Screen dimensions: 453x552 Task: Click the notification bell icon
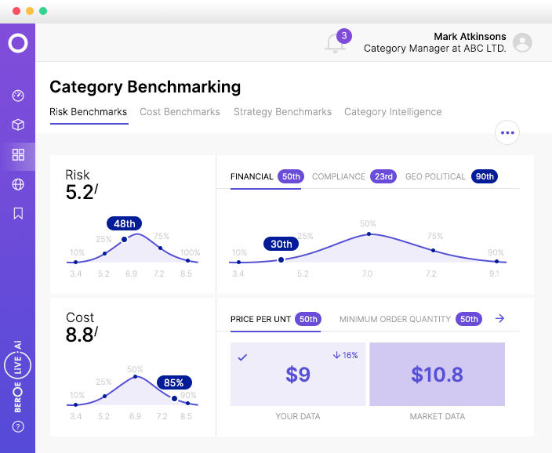click(336, 43)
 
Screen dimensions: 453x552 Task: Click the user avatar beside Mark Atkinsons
click(522, 43)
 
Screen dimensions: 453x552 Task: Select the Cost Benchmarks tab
click(180, 112)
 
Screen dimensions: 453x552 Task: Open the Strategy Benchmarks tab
click(282, 112)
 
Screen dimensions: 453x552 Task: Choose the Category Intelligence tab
click(393, 112)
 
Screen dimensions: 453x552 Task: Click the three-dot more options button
click(507, 132)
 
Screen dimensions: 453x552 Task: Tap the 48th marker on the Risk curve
click(125, 223)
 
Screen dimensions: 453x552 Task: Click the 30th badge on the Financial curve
click(281, 244)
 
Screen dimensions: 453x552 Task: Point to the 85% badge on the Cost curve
click(174, 383)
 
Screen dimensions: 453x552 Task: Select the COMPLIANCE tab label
click(339, 176)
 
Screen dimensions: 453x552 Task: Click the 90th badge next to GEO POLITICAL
click(485, 176)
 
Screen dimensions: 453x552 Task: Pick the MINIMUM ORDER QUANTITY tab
click(394, 319)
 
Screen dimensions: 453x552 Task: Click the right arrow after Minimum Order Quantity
click(500, 318)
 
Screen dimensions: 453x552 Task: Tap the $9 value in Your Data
click(298, 375)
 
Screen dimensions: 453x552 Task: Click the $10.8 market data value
click(437, 375)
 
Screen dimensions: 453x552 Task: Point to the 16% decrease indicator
click(345, 355)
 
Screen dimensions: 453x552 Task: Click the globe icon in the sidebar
click(18, 184)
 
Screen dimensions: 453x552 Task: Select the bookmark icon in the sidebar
click(18, 213)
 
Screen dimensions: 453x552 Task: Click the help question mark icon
click(18, 426)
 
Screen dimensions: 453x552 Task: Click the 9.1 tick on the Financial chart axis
click(495, 274)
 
